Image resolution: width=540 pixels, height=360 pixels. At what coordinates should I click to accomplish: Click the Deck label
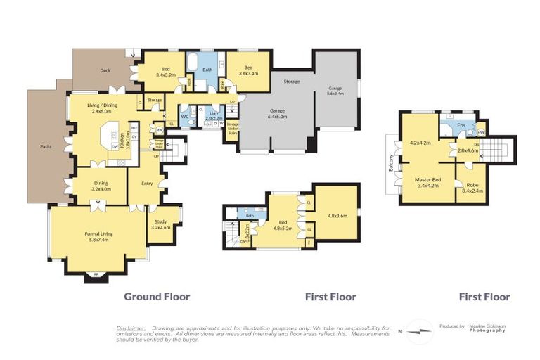(105, 70)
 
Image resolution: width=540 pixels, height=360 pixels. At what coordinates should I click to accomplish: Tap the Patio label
(44, 148)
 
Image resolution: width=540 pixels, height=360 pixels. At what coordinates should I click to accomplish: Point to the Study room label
(162, 224)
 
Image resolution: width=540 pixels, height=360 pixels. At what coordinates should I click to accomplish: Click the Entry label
(146, 184)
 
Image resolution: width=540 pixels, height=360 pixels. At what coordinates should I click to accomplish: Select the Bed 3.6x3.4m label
(248, 70)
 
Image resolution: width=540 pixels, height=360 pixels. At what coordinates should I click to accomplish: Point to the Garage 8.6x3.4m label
(335, 90)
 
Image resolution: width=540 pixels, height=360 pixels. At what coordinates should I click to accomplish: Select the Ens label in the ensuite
(461, 125)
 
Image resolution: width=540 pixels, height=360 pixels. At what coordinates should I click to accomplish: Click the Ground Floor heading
(157, 297)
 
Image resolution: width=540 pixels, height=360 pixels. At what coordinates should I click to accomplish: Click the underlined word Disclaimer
(131, 328)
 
